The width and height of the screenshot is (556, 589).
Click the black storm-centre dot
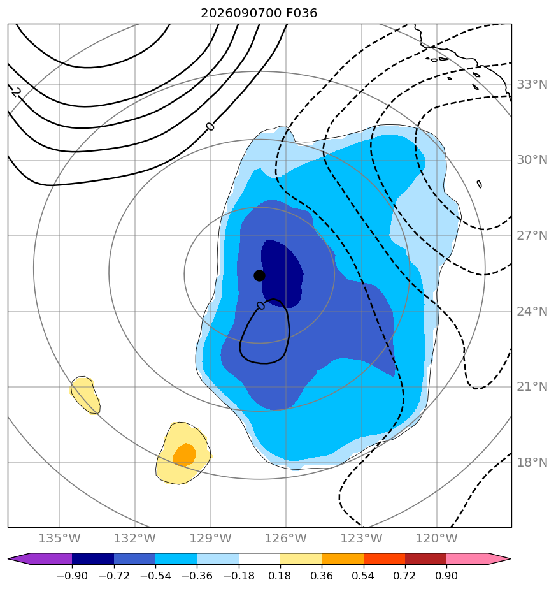coord(259,276)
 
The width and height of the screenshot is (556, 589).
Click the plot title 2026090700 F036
coord(259,13)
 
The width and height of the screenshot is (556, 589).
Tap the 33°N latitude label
coord(532,85)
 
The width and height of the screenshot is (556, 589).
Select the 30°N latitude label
coord(532,160)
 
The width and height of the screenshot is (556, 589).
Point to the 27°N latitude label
coord(532,235)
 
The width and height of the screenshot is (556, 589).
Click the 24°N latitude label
coord(532,312)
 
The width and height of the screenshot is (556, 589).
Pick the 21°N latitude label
coord(532,386)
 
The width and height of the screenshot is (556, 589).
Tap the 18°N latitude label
coord(532,462)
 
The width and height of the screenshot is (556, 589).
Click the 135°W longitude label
coord(59,538)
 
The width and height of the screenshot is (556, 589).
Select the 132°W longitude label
coord(135,538)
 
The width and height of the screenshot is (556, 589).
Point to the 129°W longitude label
coord(211,538)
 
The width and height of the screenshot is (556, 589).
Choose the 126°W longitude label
coord(286,538)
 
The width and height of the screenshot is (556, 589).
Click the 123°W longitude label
coord(362,538)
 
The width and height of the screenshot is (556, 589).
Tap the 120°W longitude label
coord(437,538)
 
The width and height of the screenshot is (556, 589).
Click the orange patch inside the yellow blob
coord(184,454)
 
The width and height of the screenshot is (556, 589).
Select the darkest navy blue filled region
coord(282,273)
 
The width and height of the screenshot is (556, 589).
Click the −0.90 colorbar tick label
coord(72,576)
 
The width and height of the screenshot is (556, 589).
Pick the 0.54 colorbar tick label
coord(364,576)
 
